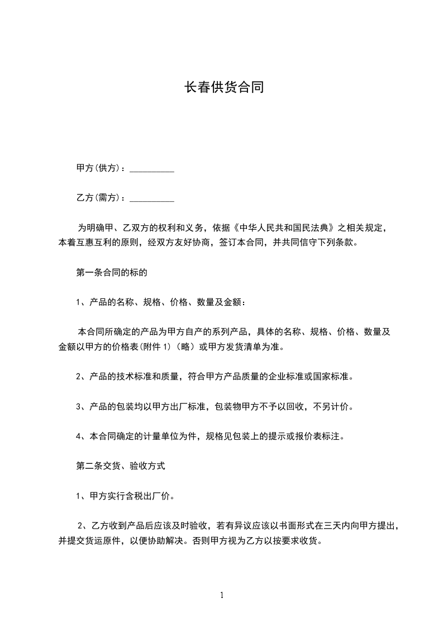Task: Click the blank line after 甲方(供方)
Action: point(152,169)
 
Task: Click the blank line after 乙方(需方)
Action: point(152,198)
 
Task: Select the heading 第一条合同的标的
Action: point(112,273)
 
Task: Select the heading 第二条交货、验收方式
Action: point(121,465)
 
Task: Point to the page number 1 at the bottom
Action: point(222,595)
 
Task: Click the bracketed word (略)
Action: point(185,347)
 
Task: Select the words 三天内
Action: point(332,526)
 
